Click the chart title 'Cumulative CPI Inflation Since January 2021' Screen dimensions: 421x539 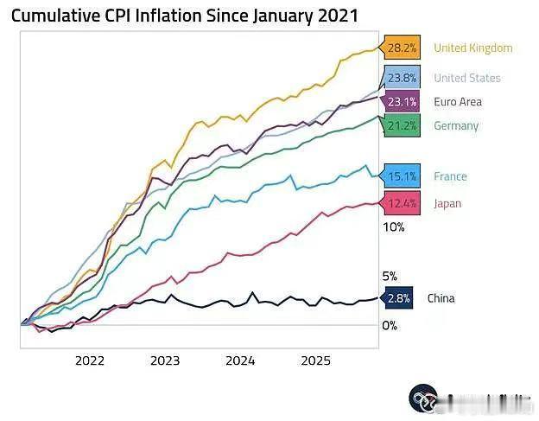(184, 16)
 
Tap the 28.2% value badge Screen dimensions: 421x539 (402, 48)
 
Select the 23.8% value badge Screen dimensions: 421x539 (402, 78)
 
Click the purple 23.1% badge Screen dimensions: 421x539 (402, 101)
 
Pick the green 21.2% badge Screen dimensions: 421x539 (402, 125)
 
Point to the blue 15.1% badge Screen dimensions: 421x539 (402, 176)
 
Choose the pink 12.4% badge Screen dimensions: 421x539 (402, 203)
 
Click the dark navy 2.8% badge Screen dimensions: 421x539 (397, 298)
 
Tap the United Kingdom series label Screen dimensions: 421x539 (472, 48)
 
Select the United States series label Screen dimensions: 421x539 (466, 78)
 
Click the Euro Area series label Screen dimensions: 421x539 (458, 101)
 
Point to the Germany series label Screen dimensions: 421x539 (456, 125)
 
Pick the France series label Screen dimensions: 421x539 (450, 176)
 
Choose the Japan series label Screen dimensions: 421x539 (447, 203)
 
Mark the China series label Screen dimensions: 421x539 (441, 298)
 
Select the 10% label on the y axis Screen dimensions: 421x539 (393, 227)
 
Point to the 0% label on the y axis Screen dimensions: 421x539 (390, 325)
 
